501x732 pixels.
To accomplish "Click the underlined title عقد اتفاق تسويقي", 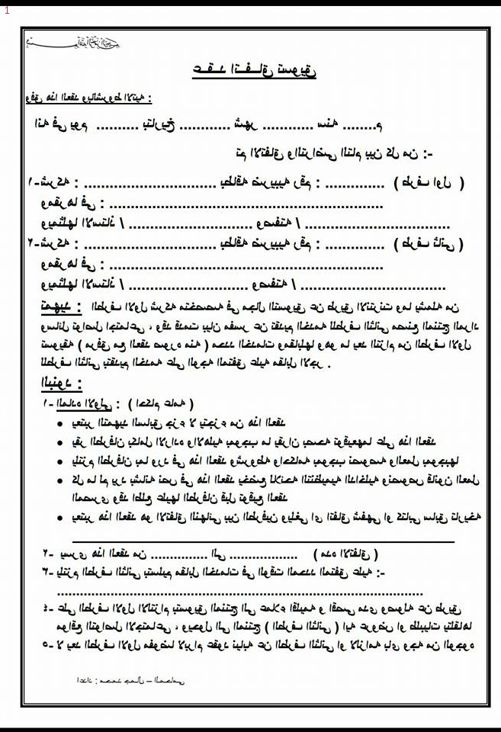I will (255, 71).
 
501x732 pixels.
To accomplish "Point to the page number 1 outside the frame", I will (7, 11).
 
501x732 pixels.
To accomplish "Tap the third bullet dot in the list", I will (60, 461).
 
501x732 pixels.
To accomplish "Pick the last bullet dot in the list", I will (60, 518).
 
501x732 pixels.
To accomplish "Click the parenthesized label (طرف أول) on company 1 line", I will (429, 184).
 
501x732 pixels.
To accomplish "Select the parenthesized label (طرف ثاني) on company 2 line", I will (429, 246).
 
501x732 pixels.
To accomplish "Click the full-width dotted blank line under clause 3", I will (239, 592).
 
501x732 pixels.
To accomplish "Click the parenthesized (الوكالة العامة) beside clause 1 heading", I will (162, 403).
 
